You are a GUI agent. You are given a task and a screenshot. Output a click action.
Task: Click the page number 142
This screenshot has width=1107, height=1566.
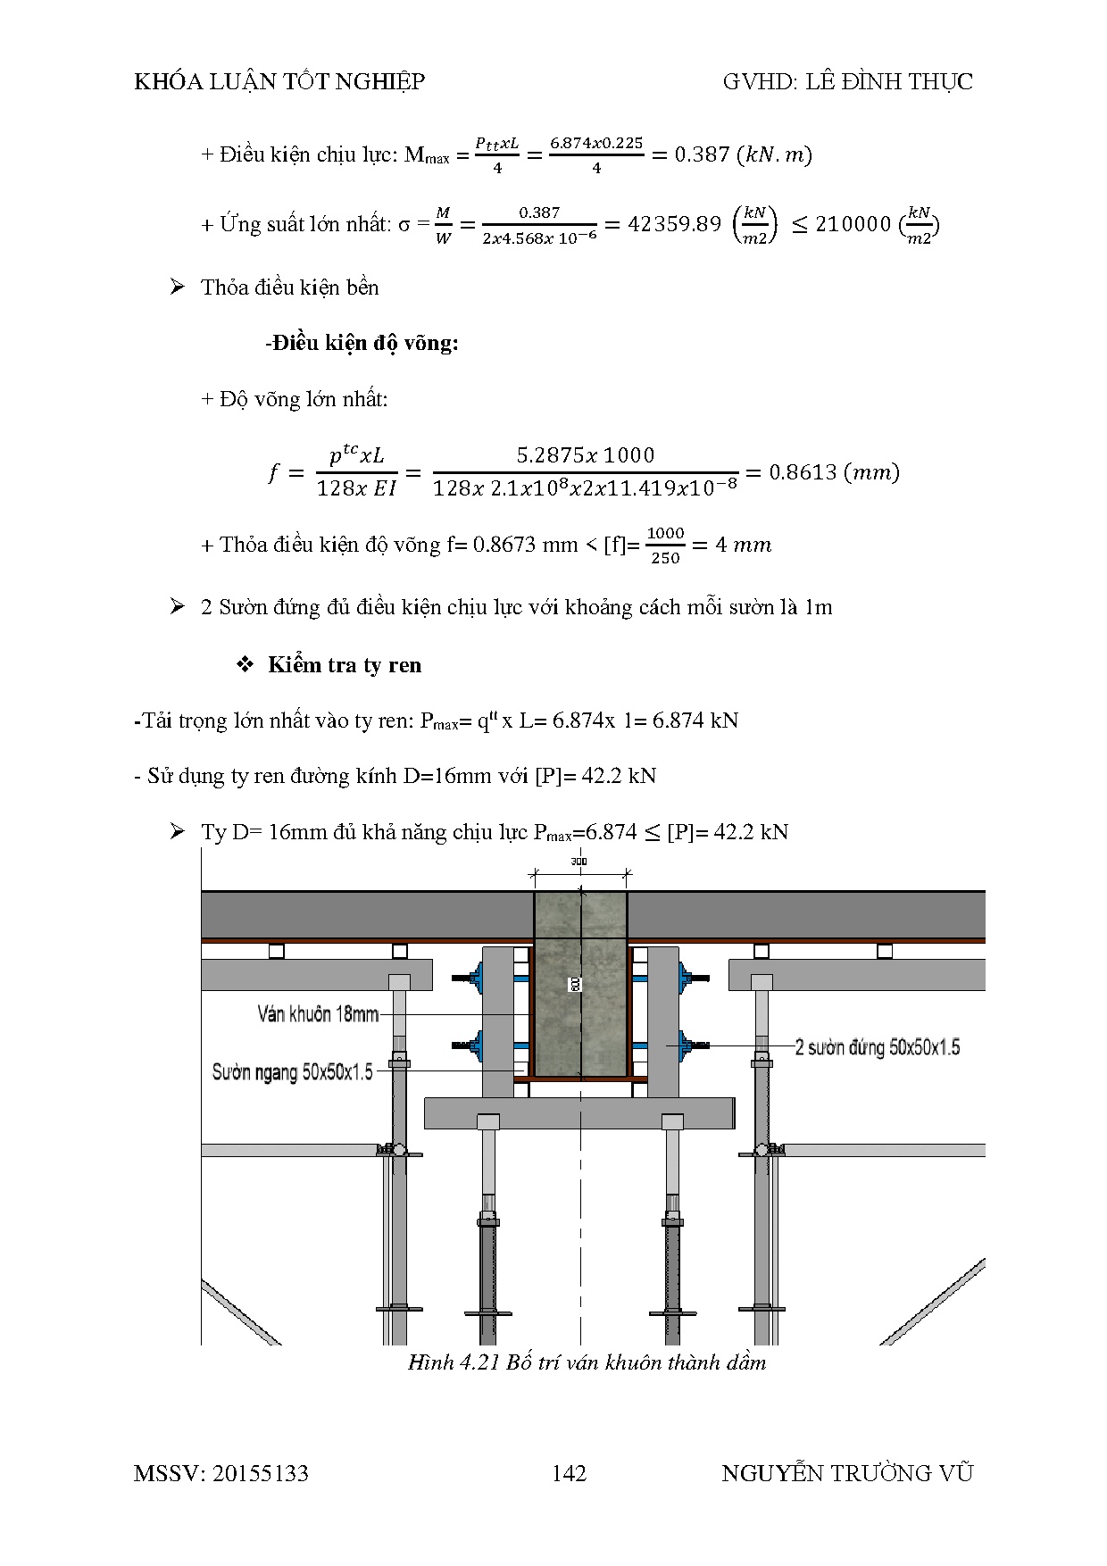click(569, 1473)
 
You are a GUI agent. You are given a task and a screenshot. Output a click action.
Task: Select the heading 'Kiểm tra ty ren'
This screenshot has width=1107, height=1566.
click(344, 665)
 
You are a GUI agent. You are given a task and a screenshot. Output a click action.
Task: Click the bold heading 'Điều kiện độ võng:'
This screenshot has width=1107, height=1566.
click(365, 343)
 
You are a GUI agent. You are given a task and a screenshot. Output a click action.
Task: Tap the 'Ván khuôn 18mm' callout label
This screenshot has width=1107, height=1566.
click(318, 1014)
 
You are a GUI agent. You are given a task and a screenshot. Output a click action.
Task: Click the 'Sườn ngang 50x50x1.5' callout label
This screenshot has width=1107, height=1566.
click(292, 1071)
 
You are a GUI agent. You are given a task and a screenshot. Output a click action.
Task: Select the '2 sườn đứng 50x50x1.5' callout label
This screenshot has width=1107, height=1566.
click(877, 1047)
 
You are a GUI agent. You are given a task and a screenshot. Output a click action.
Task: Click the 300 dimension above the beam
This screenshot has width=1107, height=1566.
click(578, 862)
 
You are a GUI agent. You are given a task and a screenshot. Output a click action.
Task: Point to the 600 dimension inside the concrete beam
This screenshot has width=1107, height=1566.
click(576, 983)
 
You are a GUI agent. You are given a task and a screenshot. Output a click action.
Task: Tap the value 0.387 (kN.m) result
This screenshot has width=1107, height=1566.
click(703, 154)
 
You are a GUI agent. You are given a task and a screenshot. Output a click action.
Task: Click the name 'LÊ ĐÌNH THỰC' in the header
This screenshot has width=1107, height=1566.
click(889, 82)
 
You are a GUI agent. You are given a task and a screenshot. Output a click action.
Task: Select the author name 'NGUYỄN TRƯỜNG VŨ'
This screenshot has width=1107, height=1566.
click(846, 1473)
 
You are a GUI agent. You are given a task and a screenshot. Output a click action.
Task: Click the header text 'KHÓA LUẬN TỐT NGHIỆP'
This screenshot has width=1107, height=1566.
click(279, 82)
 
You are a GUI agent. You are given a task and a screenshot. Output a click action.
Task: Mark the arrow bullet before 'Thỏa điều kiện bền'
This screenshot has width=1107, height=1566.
click(177, 287)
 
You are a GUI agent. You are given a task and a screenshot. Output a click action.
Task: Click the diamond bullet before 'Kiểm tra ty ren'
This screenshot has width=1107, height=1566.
click(245, 665)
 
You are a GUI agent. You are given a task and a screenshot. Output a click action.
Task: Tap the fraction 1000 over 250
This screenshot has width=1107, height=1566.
click(665, 546)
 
